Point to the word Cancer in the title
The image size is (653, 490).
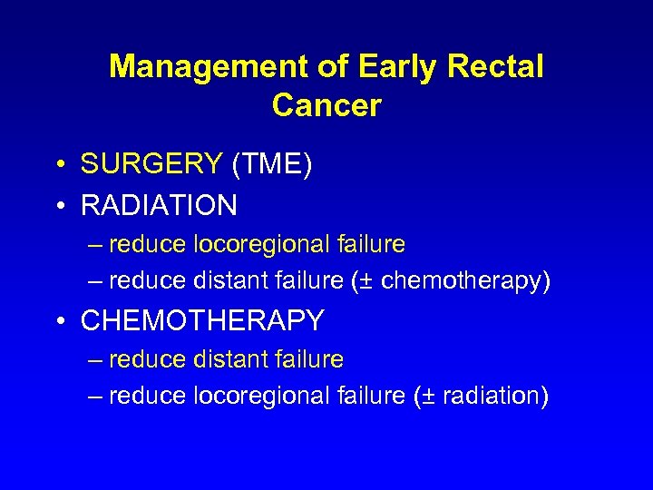[326, 106]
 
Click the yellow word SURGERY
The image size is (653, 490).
[151, 164]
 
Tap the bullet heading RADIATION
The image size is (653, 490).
[159, 206]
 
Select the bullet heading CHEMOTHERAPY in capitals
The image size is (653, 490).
[202, 320]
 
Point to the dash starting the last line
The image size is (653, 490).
[95, 397]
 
